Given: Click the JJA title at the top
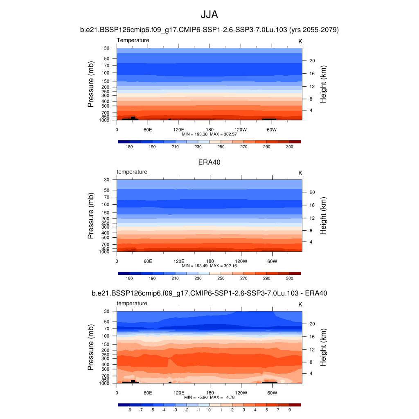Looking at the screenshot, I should point(209,15).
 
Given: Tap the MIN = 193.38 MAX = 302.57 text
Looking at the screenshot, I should point(209,134).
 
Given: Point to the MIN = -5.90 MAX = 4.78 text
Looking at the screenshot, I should point(209,397).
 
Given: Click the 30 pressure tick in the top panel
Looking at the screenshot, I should point(107,48).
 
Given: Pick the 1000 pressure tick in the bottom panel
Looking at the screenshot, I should point(104,383).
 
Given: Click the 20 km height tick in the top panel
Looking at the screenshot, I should point(311,61).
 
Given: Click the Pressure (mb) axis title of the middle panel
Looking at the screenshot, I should point(91,216).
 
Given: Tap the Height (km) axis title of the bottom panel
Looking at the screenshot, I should point(323,347).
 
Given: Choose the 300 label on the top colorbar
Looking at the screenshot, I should point(289,146).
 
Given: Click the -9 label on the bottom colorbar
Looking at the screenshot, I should point(129,410).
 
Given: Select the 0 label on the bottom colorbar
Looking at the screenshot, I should point(209,410).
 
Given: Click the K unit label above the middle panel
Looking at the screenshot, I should point(300,173).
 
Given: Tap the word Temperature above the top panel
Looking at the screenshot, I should point(133,40).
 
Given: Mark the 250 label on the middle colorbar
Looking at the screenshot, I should point(221,278).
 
